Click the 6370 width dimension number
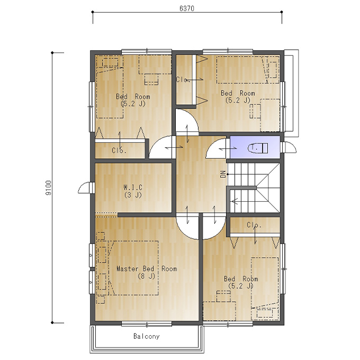pos(187,8)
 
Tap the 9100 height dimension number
pos(49,187)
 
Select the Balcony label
pos(147,336)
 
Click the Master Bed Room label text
pos(147,268)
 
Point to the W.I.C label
pos(133,187)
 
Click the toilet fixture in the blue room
pos(258,148)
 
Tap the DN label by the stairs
pos(223,174)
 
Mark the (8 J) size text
pos(147,276)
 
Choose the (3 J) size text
pos(133,195)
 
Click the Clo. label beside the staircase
pos(254,225)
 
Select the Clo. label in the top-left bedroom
pos(119,150)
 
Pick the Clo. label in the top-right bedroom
pos(183,79)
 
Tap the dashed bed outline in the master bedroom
pos(133,268)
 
